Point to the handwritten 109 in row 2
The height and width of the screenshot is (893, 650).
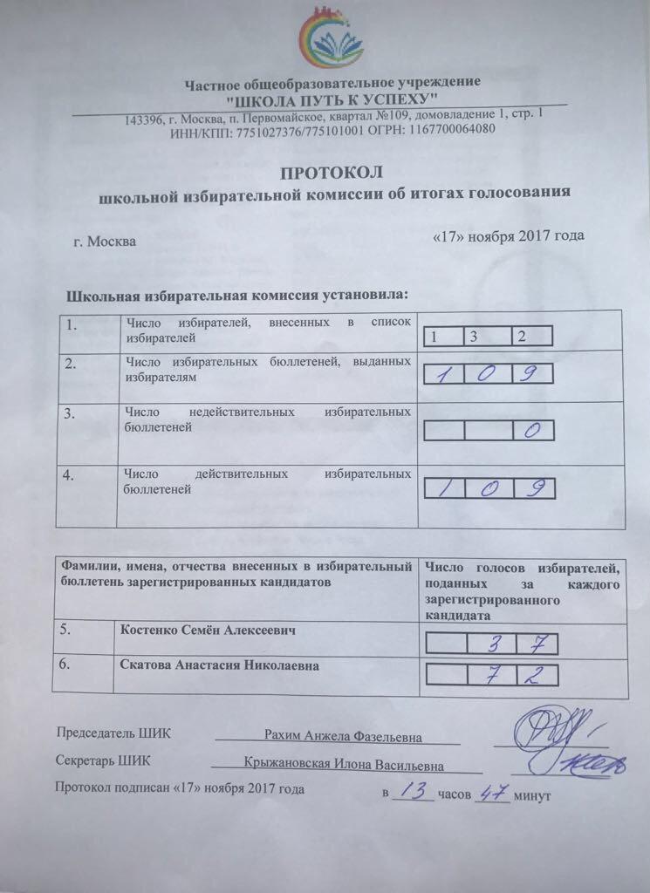tap(488, 374)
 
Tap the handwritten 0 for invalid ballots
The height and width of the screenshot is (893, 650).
tap(531, 430)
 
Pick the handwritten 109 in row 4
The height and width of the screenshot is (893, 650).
tap(488, 488)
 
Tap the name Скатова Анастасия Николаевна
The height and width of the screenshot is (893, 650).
tap(219, 666)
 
